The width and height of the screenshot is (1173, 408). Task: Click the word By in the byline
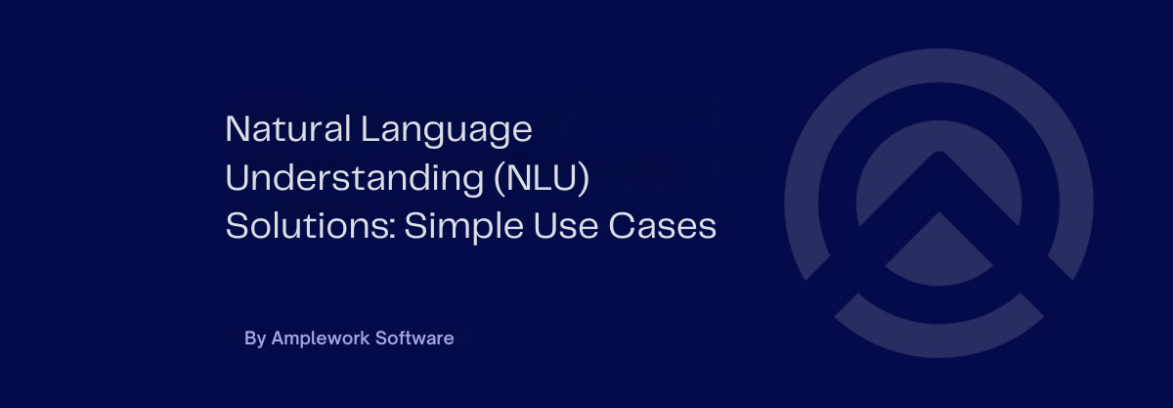(x=254, y=339)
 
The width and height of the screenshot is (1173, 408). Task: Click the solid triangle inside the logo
(x=938, y=246)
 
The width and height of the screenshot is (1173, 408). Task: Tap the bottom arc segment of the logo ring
(x=938, y=316)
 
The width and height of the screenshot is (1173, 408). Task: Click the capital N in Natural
(x=236, y=129)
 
